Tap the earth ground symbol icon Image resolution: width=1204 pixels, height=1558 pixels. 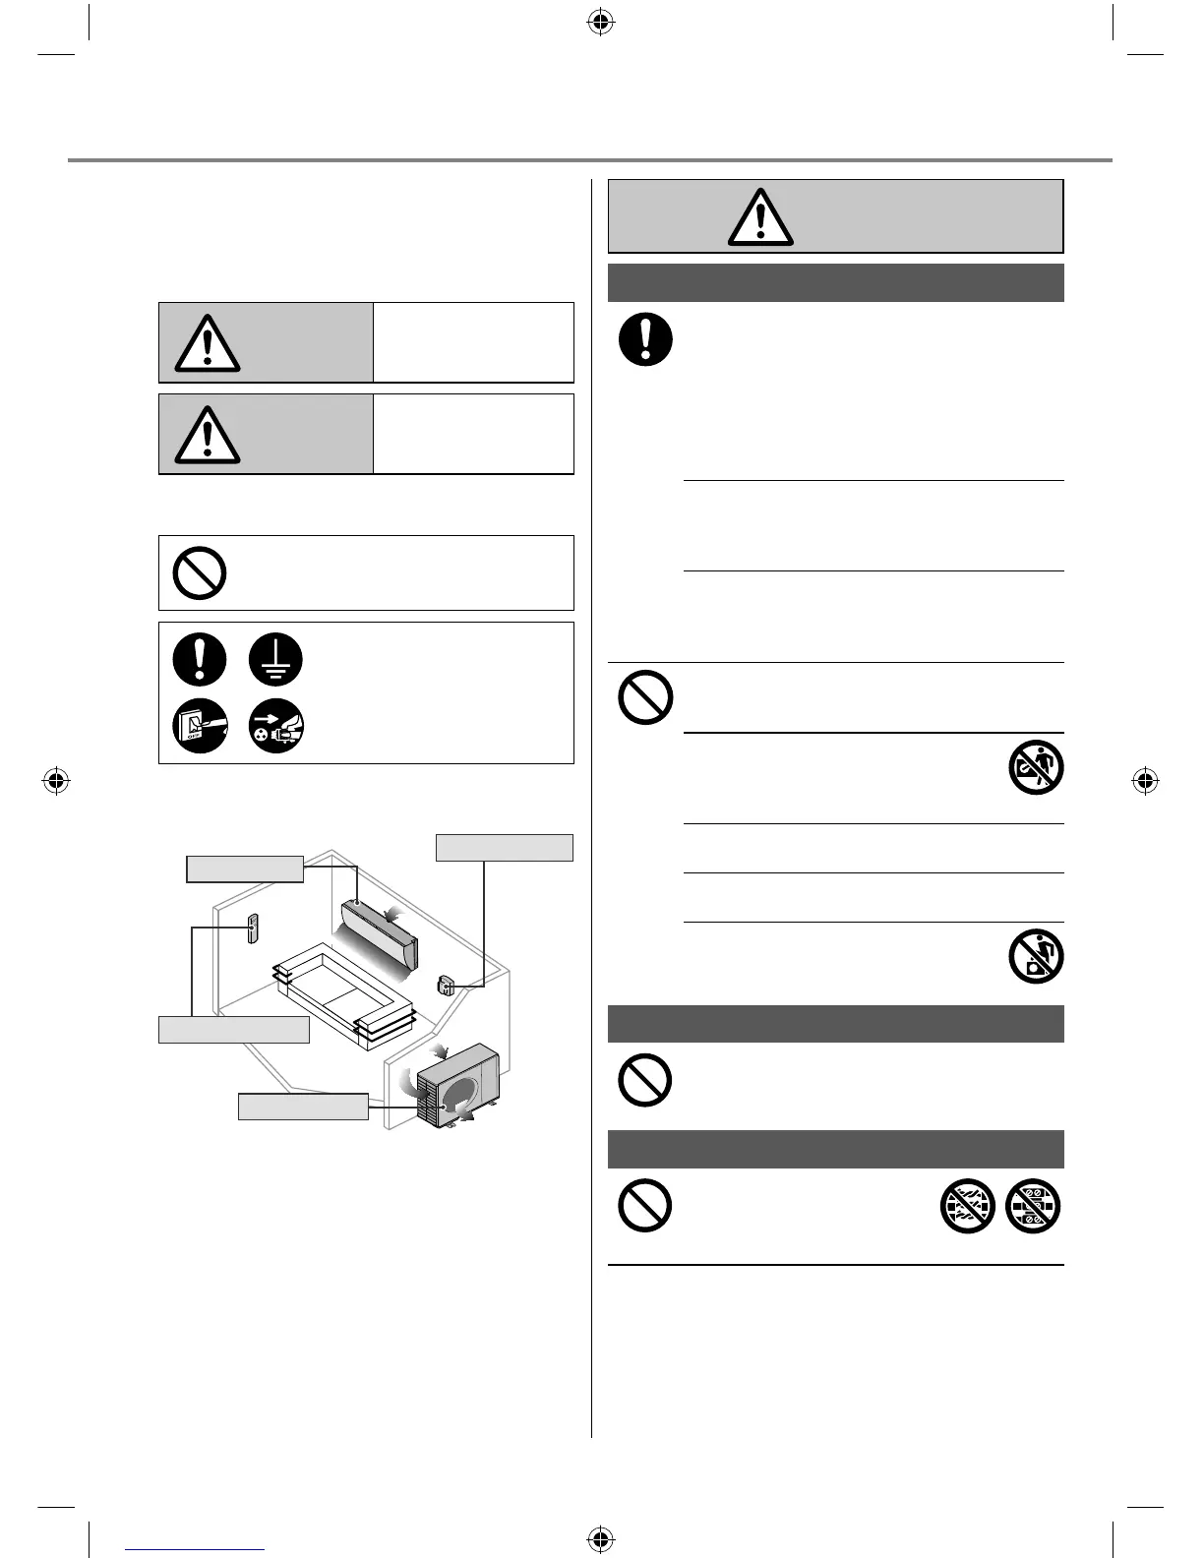point(275,659)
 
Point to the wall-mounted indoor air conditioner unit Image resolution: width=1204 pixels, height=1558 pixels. point(379,930)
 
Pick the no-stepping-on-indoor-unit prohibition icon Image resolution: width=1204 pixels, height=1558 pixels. point(1036,768)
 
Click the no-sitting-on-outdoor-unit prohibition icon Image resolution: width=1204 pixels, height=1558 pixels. point(1036,956)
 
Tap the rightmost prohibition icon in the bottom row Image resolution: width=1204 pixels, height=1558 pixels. point(1033,1206)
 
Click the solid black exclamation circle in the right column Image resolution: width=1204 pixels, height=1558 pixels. point(645,339)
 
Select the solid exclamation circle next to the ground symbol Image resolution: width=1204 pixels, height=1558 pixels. point(200,659)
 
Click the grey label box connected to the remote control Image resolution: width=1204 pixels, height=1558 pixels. point(234,1030)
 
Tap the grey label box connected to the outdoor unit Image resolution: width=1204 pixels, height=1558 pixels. point(303,1107)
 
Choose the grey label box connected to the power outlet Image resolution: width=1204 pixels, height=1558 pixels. point(504,848)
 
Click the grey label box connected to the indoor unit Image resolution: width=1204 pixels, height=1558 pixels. point(245,869)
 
